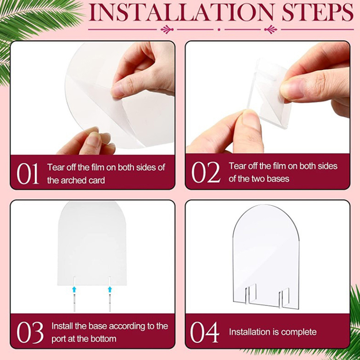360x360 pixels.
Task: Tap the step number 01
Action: pos(27,174)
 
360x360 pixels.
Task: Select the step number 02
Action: pos(206,172)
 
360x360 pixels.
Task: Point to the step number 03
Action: pos(30,332)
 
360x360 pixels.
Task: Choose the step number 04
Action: pos(204,332)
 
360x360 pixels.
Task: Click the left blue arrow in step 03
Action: pos(74,289)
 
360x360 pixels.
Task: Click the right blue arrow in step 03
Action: pos(110,289)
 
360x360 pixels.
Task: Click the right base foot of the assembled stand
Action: pos(284,297)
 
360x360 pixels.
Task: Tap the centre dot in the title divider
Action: pos(219,30)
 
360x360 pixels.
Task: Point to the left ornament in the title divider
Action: pos(167,29)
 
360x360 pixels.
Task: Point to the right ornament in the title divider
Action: pos(271,29)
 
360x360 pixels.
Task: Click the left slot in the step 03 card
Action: pos(74,281)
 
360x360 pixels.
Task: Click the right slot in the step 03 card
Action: pos(110,281)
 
